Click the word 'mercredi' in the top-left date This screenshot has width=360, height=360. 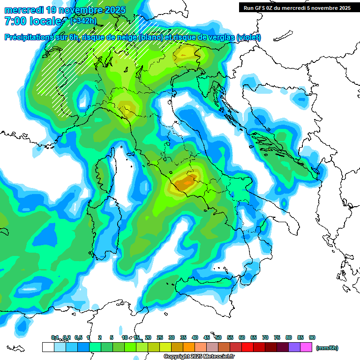(x=24, y=9)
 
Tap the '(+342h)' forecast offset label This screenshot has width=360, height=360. (x=83, y=21)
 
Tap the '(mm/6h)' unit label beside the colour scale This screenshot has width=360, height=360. (x=327, y=348)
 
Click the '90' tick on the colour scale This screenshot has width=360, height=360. (x=312, y=337)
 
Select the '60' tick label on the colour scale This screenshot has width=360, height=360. (x=242, y=337)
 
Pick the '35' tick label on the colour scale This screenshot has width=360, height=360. (x=183, y=337)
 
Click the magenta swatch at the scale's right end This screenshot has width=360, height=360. (x=306, y=347)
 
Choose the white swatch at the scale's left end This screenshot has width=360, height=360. (x=48, y=347)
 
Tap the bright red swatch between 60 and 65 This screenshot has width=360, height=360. (x=247, y=347)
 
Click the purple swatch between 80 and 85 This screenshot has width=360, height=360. (x=294, y=347)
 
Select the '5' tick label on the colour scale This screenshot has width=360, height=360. (x=112, y=337)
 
